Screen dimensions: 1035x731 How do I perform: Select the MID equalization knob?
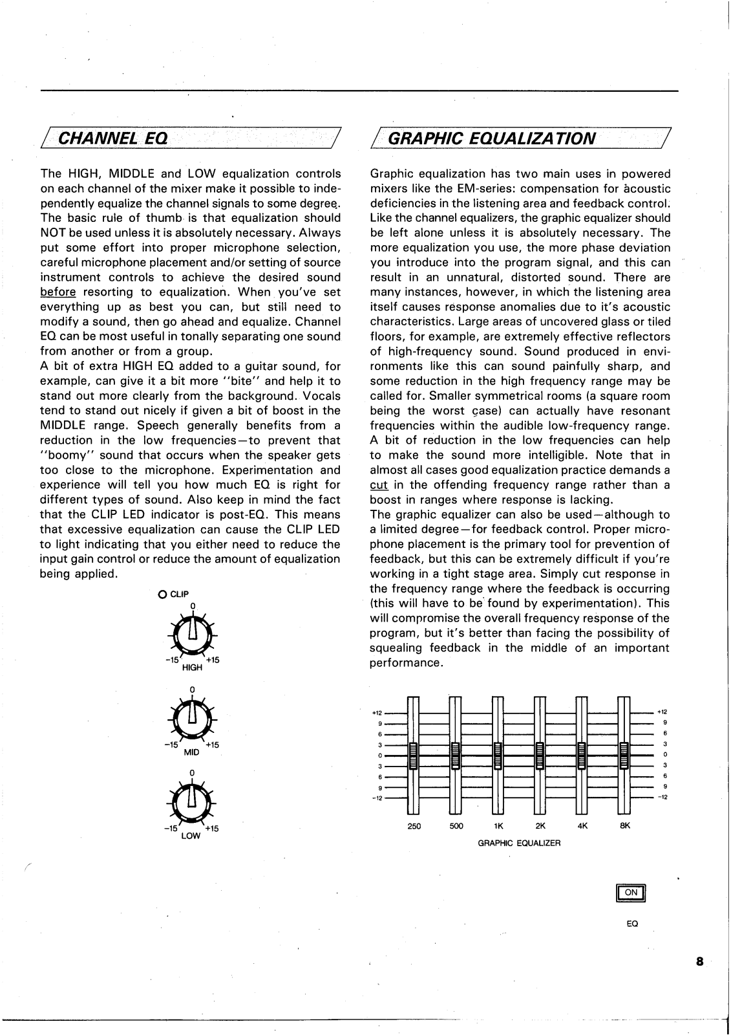tap(192, 720)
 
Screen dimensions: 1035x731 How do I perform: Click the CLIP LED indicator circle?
tap(162, 594)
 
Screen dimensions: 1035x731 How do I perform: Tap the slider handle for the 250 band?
tap(414, 756)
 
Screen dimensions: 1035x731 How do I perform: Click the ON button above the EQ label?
tap(631, 893)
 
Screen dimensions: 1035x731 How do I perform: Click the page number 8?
tap(699, 961)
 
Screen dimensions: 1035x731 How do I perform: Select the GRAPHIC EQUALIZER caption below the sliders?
tap(519, 844)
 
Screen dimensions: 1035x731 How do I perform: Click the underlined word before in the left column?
tap(58, 292)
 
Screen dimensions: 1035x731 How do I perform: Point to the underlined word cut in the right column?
tap(378, 485)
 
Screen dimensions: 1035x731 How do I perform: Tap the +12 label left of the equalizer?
tap(377, 713)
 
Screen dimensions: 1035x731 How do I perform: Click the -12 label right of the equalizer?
tap(662, 797)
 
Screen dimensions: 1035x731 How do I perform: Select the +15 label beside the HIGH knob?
tap(212, 660)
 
